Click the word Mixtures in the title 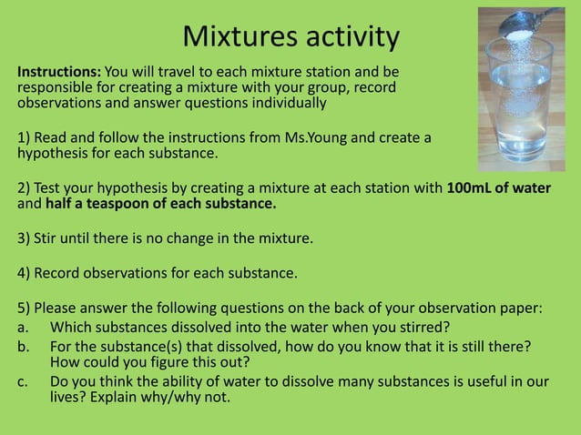click(234, 36)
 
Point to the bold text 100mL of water click(499, 187)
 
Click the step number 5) click(25, 308)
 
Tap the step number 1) click(25, 137)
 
